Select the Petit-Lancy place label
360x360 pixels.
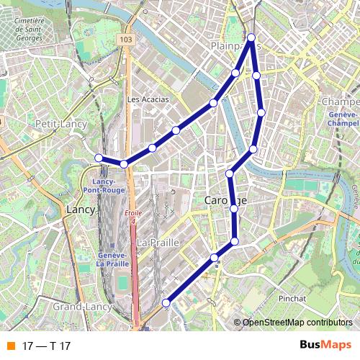(x=61, y=124)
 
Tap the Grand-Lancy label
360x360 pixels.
(x=80, y=307)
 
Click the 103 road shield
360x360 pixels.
(x=127, y=40)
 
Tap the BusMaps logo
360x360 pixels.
(x=325, y=345)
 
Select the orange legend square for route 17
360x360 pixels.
(x=10, y=346)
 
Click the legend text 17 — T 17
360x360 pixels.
(x=46, y=346)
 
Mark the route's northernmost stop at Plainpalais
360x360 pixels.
(x=251, y=37)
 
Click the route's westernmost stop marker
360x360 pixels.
(x=99, y=158)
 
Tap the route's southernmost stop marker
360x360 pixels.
(x=166, y=303)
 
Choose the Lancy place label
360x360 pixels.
(x=80, y=209)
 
